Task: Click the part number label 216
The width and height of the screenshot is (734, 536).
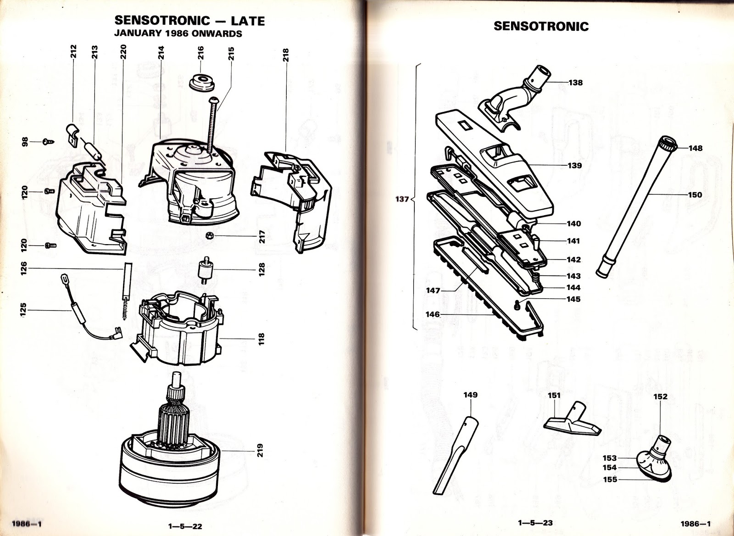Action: click(200, 54)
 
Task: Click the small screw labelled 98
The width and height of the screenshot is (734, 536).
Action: click(46, 141)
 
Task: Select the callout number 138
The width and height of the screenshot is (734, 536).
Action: click(575, 83)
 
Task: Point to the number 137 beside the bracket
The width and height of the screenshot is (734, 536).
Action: click(402, 200)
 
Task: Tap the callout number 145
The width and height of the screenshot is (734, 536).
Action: click(573, 299)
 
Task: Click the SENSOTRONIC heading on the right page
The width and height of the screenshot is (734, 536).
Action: click(541, 26)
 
